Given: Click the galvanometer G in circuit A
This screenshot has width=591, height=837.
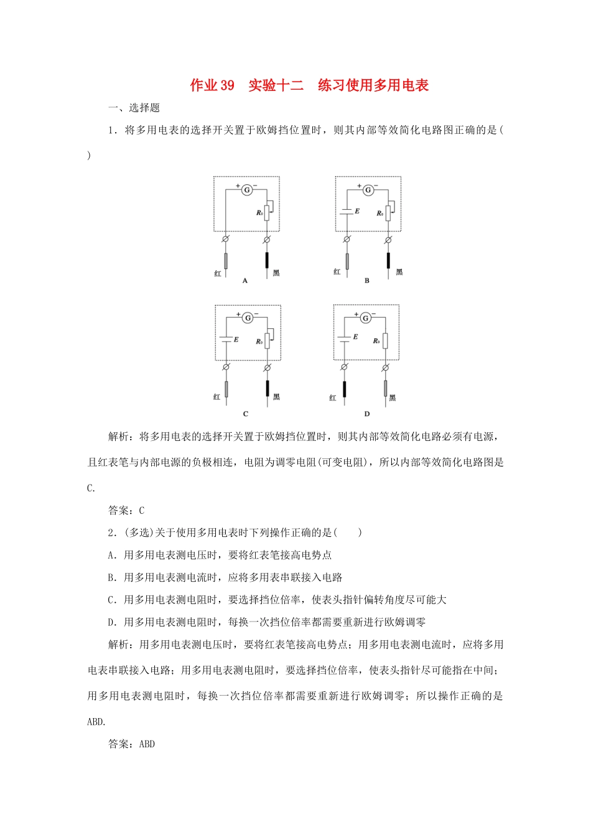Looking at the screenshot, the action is point(247,189).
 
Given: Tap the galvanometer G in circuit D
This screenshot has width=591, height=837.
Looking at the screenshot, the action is point(365,318).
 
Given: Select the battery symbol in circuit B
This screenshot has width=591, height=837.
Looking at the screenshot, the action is point(347,212).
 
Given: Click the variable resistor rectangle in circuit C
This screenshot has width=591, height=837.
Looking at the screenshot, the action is point(268,341).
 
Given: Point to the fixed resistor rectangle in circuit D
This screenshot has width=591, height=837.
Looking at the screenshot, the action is point(385,341).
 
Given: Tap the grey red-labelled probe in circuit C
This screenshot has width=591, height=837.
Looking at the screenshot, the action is point(226,389).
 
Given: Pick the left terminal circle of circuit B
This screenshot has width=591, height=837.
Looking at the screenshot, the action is point(347,239).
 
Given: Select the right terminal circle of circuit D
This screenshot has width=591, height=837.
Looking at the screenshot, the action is point(385,367).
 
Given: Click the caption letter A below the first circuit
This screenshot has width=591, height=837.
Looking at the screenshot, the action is point(245,281).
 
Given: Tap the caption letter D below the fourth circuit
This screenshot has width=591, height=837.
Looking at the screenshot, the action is point(367,414).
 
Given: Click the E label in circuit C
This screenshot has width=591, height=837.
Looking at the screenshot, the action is point(236,339).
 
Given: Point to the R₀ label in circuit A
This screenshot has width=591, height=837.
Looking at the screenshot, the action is point(259,213).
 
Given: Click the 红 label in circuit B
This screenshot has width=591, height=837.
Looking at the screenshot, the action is point(337,272).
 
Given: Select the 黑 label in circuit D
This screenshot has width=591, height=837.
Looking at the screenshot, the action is point(393,397).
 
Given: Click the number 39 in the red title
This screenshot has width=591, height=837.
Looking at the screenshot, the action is point(227,85).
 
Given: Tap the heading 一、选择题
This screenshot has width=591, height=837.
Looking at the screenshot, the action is point(134,108).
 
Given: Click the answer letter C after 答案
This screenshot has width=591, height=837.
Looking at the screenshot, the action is point(142,511).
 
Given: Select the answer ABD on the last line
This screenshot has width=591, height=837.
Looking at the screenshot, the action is point(147,744).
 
